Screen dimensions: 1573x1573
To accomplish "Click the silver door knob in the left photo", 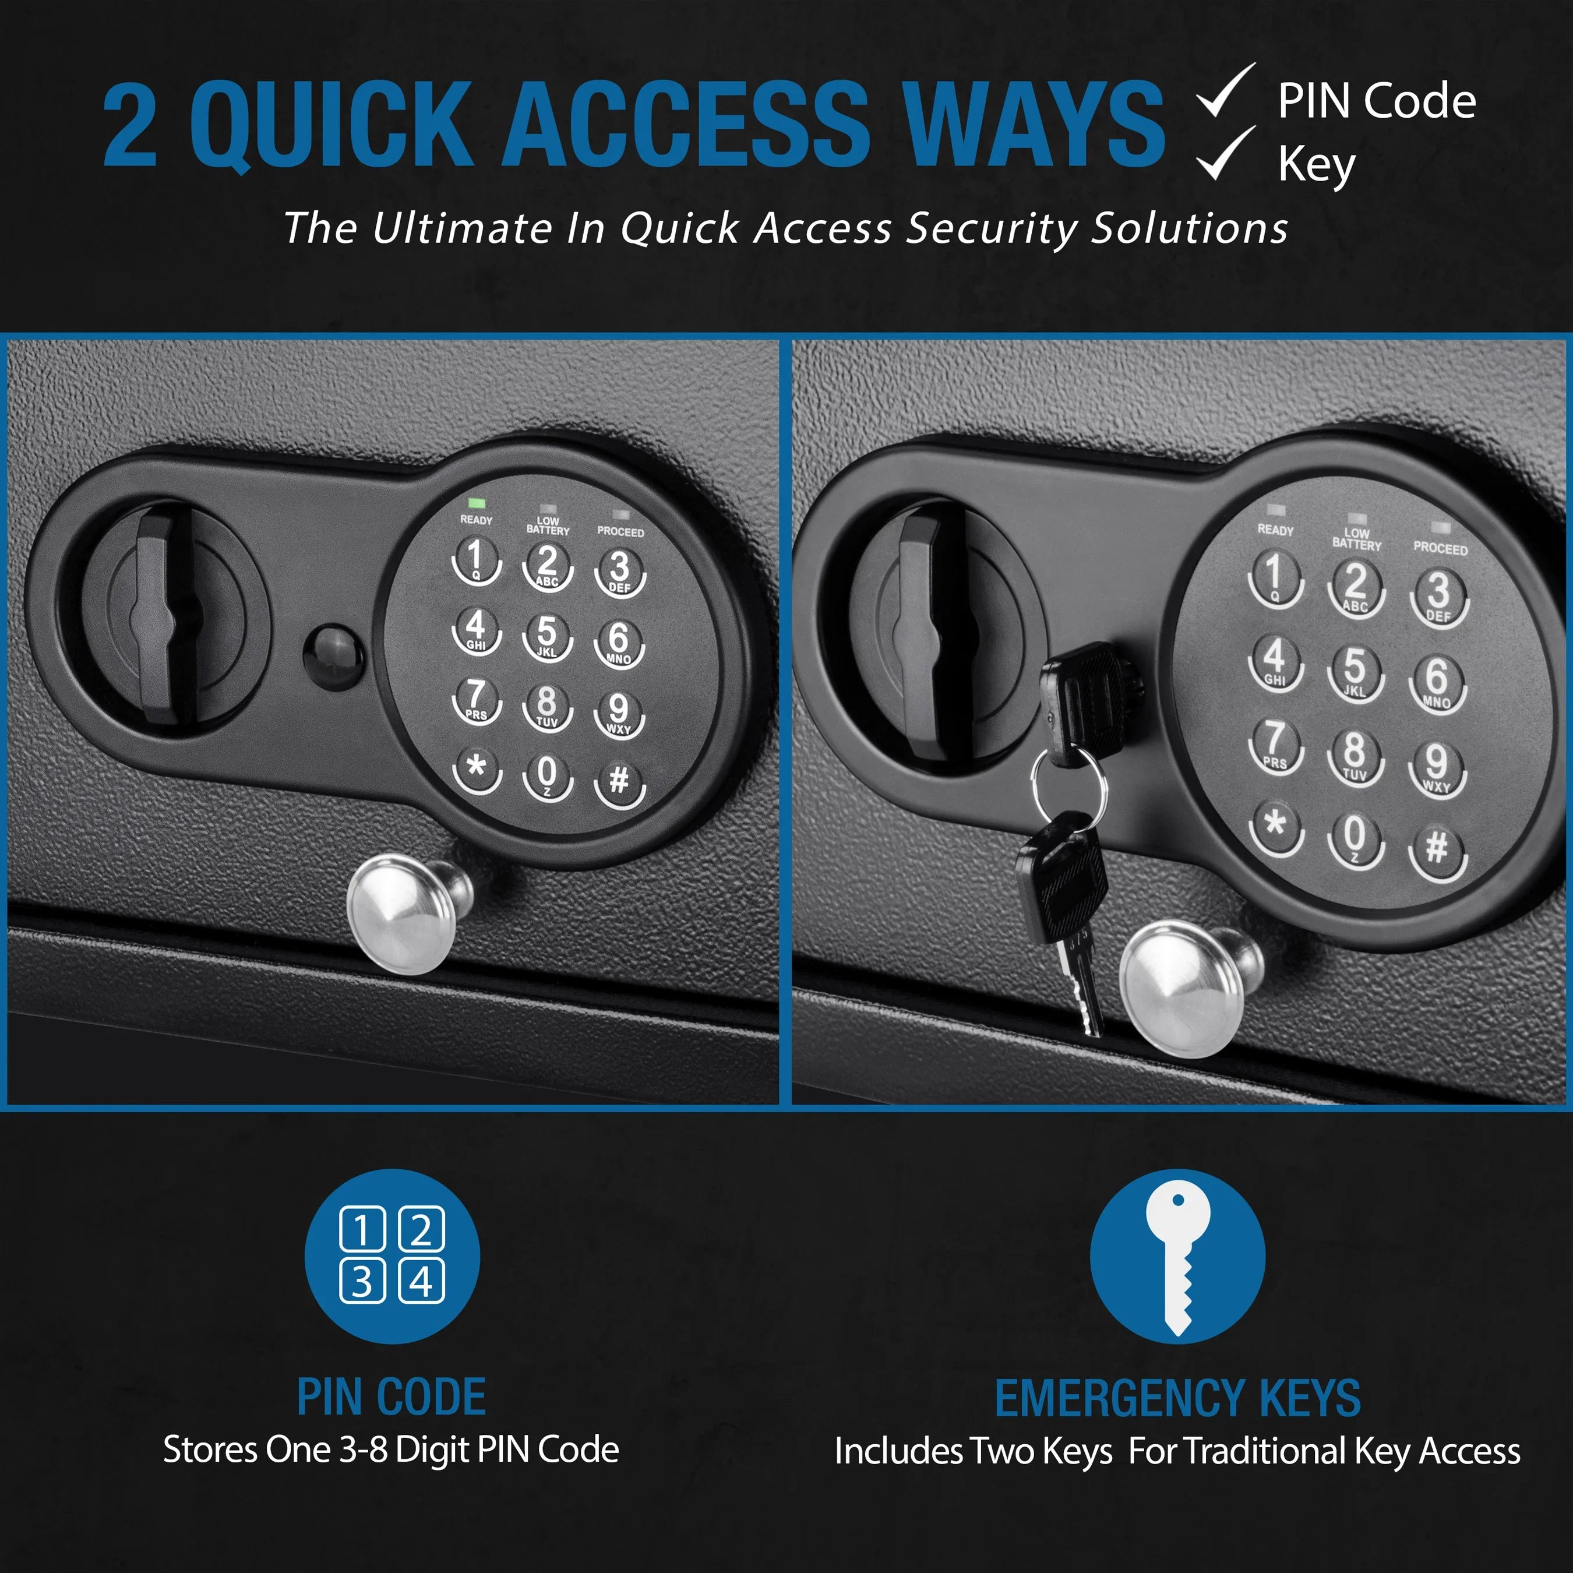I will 404,913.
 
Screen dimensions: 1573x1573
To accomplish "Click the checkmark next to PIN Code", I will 1225,91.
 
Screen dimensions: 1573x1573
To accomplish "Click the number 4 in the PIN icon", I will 421,1282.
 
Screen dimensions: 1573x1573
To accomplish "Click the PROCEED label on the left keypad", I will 620,532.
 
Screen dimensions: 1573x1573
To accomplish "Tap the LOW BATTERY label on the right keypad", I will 1356,539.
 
